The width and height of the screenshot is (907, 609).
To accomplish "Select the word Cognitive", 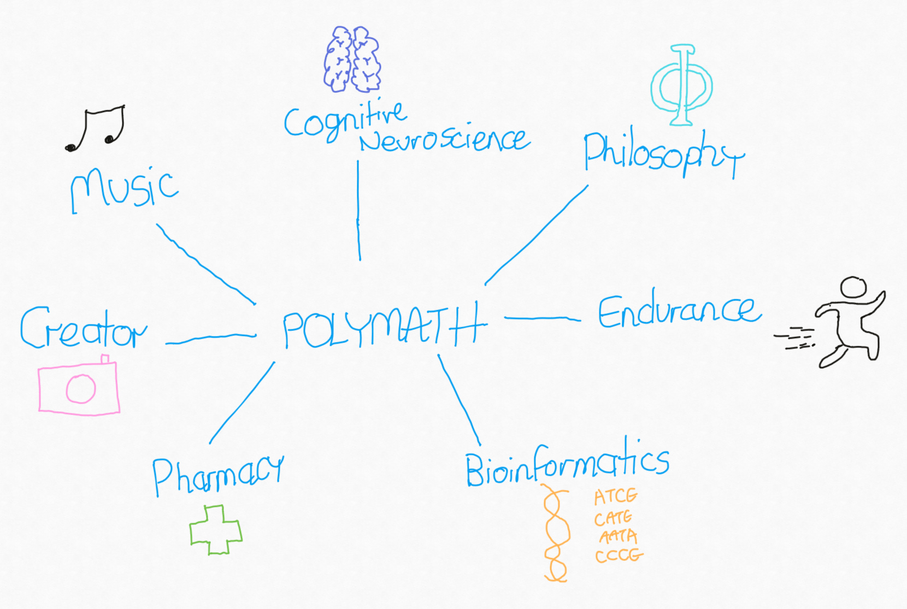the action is (344, 121).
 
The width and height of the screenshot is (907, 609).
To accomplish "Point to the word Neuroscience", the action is (444, 140).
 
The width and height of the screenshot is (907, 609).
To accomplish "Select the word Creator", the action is (83, 329).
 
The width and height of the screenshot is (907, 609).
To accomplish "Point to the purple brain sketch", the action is (352, 59).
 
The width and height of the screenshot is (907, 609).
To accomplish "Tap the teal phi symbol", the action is (682, 85).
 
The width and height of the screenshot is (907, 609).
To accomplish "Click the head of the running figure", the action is (853, 287).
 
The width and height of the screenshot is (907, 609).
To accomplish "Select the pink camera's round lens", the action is (81, 388).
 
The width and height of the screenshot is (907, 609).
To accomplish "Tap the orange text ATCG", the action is (616, 496).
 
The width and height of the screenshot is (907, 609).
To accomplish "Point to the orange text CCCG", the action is (619, 555).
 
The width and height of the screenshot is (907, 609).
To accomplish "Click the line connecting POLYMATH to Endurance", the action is (542, 318).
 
